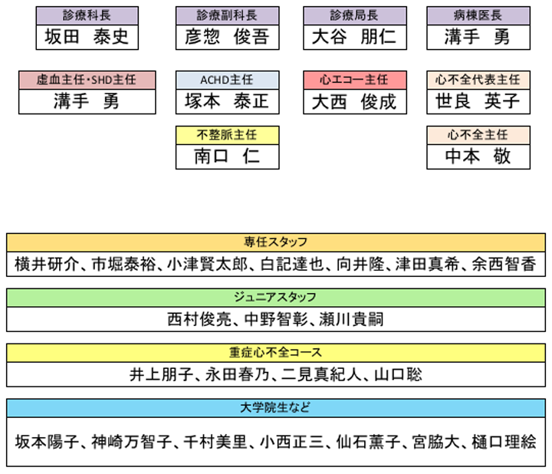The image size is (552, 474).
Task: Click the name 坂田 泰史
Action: coord(87,36)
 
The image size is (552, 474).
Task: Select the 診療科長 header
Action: coord(87,15)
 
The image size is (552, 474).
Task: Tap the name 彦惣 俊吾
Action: coord(227,36)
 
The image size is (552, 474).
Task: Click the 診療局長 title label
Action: coord(355,15)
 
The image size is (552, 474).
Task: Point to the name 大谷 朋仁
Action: coord(355,36)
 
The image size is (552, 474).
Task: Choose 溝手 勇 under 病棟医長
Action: coord(478,36)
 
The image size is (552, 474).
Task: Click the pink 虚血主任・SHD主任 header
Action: coord(87,80)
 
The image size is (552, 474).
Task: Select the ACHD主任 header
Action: coord(227,80)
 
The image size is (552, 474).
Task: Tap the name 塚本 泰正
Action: coord(227,101)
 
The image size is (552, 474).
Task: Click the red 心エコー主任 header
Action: coord(355,80)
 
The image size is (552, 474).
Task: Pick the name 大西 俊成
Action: coord(355,101)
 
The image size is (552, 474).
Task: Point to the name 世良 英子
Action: coord(478,101)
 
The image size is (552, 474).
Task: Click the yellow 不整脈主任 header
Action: coord(227,135)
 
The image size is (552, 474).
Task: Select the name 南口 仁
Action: coord(227,156)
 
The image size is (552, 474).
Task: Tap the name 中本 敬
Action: coord(478,156)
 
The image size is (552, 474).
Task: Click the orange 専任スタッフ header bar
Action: coord(275,242)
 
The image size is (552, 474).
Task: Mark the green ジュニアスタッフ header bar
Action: coord(275,297)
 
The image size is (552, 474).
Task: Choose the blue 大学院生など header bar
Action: coord(275,408)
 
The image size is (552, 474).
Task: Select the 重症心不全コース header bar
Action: coord(275,352)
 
